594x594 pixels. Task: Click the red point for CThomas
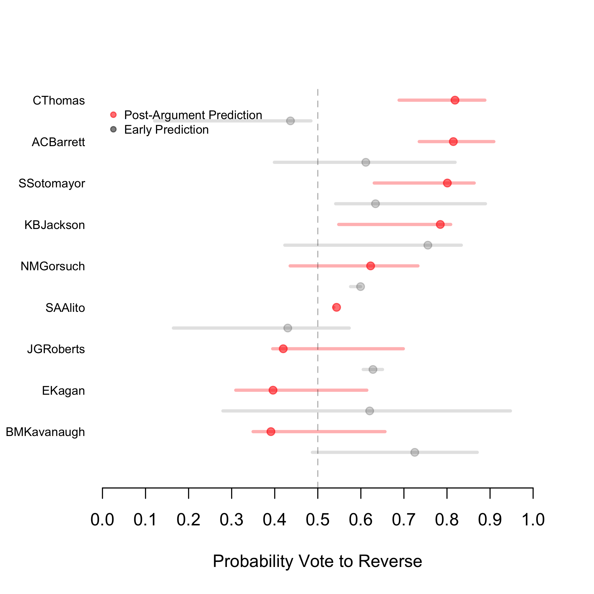455,100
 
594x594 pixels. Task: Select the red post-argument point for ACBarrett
453,142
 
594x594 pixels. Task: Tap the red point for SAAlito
337,307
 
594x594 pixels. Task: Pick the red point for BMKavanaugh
271,432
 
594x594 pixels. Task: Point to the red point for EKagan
273,390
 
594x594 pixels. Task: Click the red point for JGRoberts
283,349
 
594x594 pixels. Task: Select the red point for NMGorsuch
370,266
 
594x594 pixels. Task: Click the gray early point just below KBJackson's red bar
428,245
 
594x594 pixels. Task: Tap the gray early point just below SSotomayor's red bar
375,204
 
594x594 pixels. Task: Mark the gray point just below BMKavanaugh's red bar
415,452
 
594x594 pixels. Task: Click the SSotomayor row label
52,184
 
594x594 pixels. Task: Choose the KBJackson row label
54,225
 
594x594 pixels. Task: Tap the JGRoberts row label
56,349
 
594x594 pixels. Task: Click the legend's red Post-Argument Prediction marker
113,115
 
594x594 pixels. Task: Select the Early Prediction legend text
166,130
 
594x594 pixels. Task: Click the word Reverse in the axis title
390,561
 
